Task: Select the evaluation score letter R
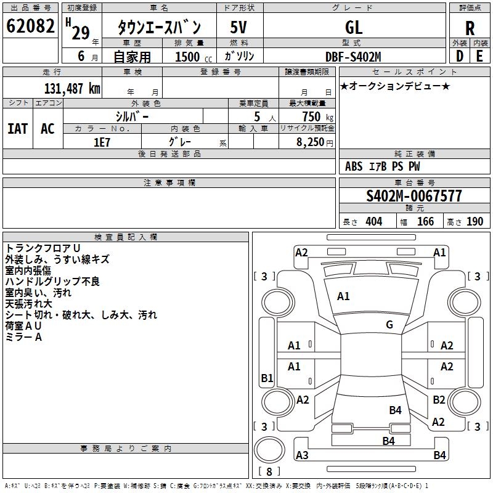click(470, 28)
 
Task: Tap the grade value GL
click(354, 27)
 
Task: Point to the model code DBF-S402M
click(353, 57)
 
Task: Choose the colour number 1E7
click(102, 142)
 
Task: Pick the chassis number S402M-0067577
click(414, 197)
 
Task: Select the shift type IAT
click(17, 129)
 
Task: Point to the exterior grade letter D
click(459, 56)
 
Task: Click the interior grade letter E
click(480, 56)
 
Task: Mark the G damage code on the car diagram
click(389, 324)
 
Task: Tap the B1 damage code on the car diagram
click(267, 378)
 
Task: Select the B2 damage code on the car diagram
click(439, 399)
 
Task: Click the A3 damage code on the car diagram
click(302, 455)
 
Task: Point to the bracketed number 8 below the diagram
click(269, 472)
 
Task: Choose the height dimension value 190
click(475, 222)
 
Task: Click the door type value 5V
click(238, 27)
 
